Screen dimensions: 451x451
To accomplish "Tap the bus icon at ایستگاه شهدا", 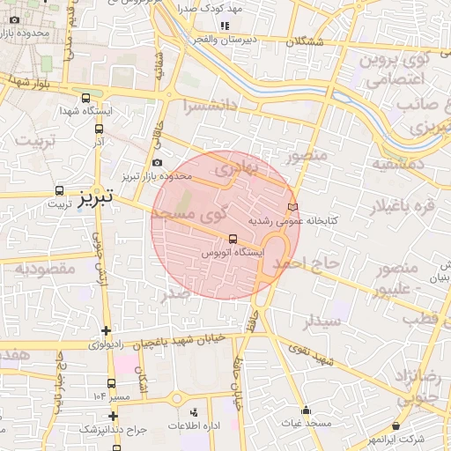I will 85,99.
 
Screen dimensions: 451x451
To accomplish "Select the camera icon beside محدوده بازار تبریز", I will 157,163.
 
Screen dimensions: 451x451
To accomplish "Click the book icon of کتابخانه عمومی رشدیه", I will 293,207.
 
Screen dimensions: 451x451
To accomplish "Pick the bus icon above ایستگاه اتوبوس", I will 233,239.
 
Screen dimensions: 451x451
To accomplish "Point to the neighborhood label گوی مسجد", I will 196,214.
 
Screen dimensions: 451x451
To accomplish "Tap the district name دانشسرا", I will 211,107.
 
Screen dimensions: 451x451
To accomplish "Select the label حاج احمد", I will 305,262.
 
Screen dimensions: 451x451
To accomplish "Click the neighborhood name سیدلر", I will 322,322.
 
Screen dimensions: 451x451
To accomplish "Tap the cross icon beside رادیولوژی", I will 107,331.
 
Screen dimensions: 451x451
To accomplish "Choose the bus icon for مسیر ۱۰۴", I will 111,383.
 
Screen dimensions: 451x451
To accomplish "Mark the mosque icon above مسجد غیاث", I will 306,410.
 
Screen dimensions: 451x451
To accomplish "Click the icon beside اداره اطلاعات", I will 195,412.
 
